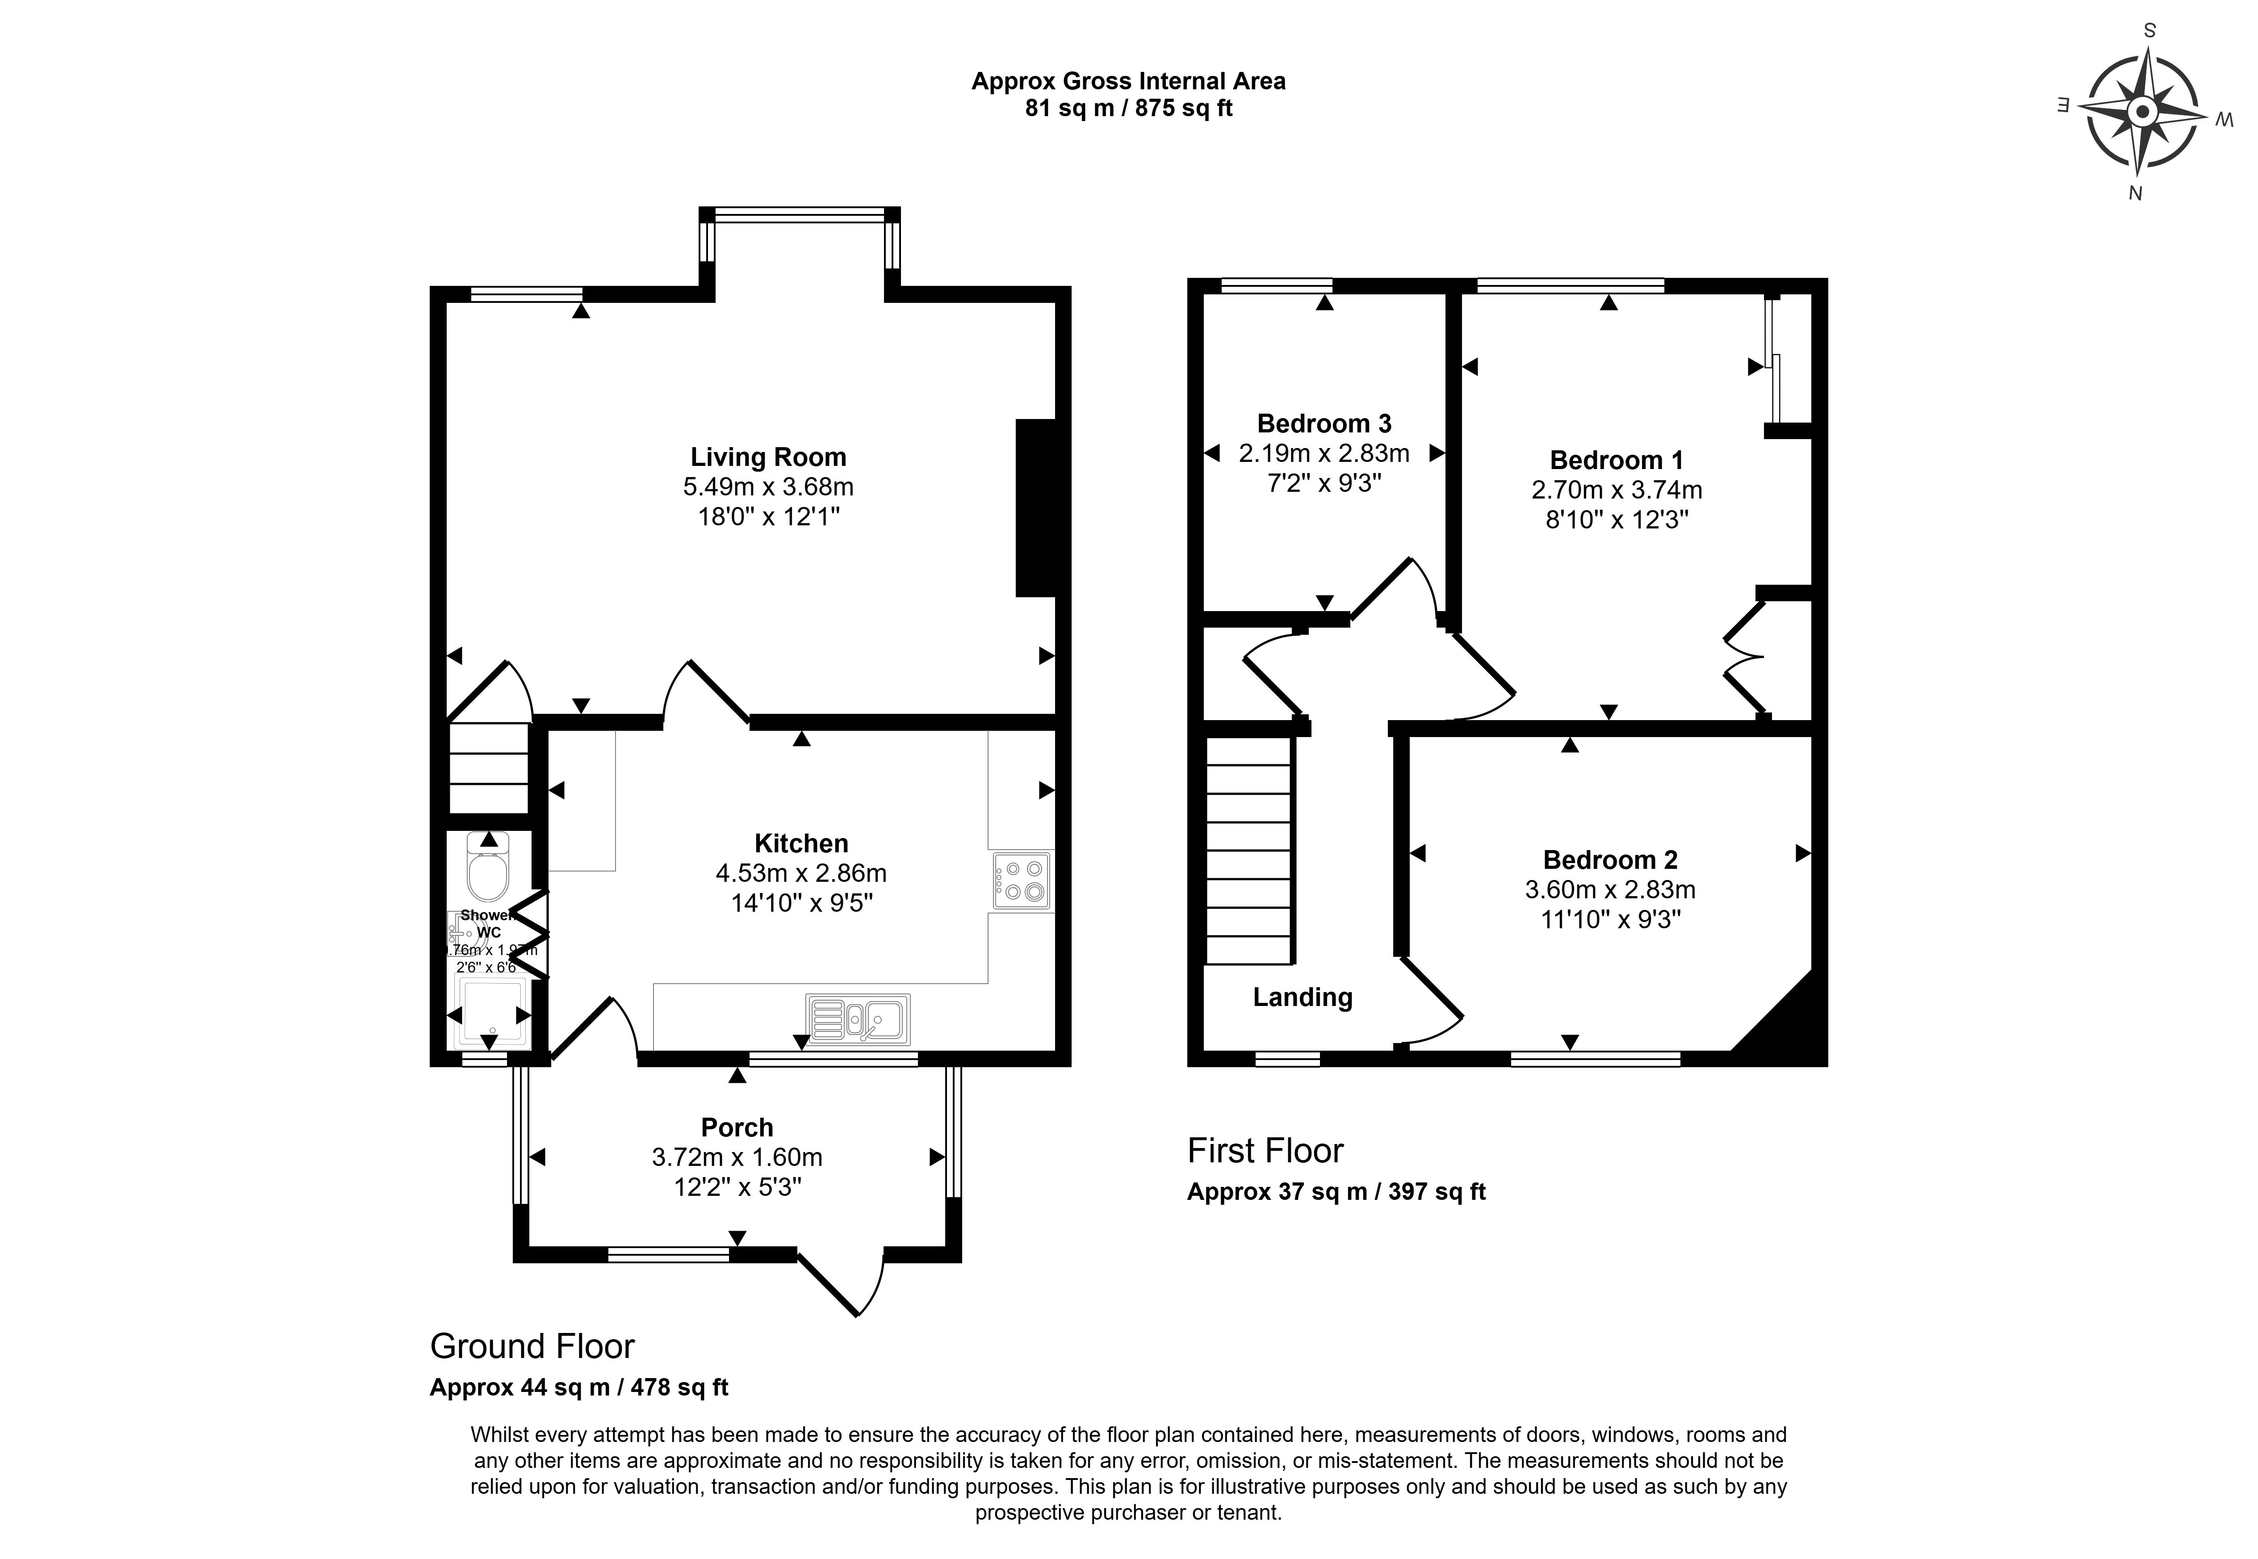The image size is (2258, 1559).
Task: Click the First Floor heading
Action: (x=1265, y=1151)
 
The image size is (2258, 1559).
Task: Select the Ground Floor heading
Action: (x=532, y=1346)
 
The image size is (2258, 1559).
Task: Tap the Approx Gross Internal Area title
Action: (x=1128, y=81)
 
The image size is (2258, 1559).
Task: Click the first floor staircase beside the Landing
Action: (x=1249, y=850)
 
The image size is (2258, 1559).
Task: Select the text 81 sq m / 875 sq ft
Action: (x=1128, y=109)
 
